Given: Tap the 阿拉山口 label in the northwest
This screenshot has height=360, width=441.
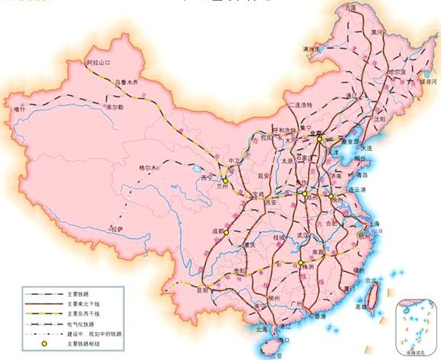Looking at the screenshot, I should pyautogui.click(x=99, y=61).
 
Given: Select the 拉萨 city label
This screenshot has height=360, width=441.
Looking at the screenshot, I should pyautogui.click(x=116, y=229).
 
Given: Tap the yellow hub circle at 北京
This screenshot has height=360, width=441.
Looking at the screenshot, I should pyautogui.click(x=319, y=139).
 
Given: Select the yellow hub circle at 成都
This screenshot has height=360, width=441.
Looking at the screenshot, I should pyautogui.click(x=227, y=231).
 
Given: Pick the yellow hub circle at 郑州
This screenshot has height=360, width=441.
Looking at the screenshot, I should pyautogui.click(x=305, y=195).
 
